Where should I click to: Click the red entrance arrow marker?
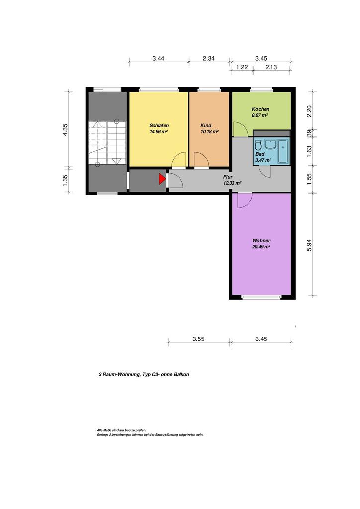coord(162,179)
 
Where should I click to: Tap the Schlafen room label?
coord(159,125)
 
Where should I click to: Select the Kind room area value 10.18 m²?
coord(209,131)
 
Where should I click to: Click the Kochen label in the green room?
coord(261,109)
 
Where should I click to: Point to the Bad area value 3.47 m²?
coord(263,160)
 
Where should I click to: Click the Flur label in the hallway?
coord(228,177)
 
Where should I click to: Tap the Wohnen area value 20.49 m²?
coord(262,247)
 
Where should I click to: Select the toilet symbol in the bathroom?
coord(259,144)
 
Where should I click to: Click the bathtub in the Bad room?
coord(283,151)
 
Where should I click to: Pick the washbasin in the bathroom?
coord(270,144)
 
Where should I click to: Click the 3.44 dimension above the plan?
coord(158,59)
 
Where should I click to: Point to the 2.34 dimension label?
coord(209,59)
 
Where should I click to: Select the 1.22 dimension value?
coord(242,67)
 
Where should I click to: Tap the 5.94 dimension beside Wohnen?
coord(309,245)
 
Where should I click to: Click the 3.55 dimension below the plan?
coord(198,339)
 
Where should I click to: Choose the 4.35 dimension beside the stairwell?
coord(65,130)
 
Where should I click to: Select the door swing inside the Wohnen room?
coord(245,201)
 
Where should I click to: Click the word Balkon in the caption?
coord(181,374)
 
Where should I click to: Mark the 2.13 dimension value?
coord(271,67)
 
